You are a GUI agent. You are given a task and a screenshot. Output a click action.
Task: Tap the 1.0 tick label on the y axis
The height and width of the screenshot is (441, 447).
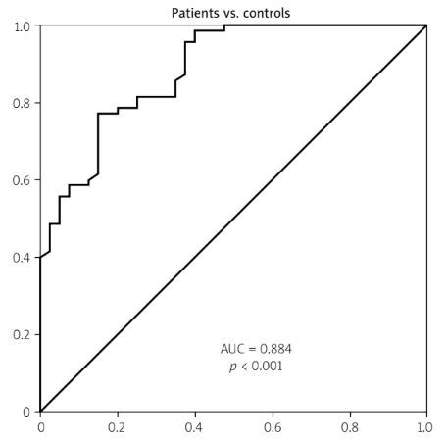click(22, 25)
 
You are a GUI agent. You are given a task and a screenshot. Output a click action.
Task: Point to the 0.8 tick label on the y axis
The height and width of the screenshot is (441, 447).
click(22, 103)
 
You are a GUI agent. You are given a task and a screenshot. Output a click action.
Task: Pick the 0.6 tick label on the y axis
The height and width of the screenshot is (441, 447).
click(22, 180)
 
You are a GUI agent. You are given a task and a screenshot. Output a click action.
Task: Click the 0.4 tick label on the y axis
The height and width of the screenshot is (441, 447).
click(22, 258)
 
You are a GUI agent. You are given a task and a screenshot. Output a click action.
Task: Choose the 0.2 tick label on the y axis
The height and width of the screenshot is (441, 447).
click(22, 335)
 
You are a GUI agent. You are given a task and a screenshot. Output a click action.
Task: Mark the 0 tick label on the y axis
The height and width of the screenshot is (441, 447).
click(27, 412)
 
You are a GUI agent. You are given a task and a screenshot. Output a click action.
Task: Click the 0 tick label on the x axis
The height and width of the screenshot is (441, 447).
click(40, 427)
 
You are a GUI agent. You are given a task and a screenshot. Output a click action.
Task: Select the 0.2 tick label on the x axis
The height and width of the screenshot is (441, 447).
click(118, 427)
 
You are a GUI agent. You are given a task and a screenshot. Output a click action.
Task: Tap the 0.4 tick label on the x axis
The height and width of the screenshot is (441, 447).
click(195, 427)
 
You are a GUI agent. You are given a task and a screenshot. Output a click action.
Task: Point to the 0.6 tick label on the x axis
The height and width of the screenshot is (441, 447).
click(273, 427)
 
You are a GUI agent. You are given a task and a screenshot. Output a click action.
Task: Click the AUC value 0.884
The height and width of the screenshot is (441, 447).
click(258, 349)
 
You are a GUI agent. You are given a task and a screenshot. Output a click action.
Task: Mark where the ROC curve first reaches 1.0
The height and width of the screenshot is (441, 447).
click(224, 25)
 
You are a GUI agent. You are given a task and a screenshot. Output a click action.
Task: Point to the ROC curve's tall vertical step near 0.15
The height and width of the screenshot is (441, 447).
click(98, 143)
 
